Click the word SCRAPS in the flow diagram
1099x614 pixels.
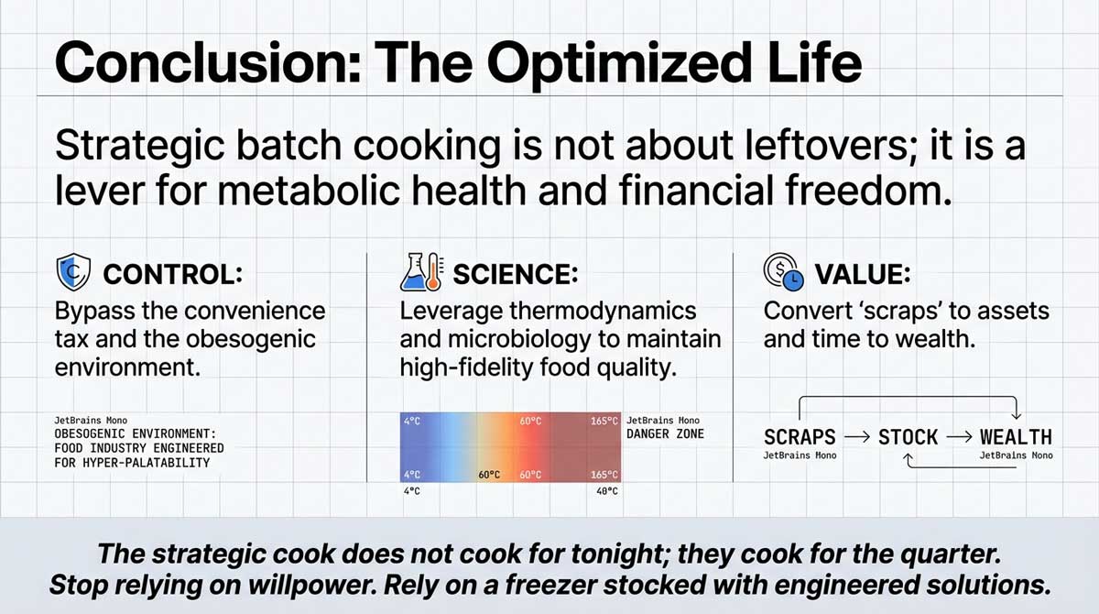pos(800,437)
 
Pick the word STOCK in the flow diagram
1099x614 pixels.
pos(909,437)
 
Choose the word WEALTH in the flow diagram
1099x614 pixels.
pos(1016,437)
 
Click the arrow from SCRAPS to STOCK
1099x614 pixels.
pos(856,437)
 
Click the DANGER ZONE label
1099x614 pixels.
pos(665,433)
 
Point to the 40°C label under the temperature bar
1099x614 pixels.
pos(605,491)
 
